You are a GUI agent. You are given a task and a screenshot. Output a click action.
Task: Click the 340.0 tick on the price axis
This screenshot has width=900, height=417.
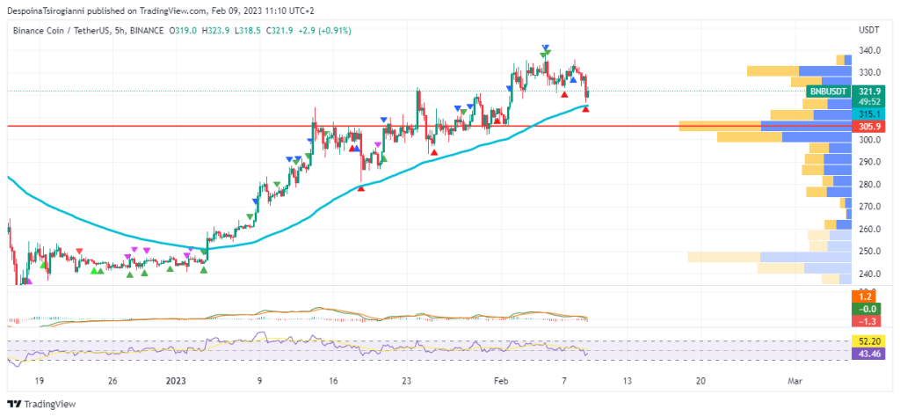(870, 50)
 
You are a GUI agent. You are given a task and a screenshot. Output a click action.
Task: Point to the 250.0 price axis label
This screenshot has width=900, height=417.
(870, 252)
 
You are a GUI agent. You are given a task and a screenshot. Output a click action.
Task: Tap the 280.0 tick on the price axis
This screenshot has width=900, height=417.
(870, 185)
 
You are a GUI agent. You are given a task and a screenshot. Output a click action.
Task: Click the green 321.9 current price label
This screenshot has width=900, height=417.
(870, 91)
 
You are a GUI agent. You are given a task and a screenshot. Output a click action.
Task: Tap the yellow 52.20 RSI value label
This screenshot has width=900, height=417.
(870, 340)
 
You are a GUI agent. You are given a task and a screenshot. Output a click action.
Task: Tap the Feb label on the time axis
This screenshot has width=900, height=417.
(500, 381)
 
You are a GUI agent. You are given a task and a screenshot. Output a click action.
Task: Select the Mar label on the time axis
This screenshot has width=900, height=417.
(795, 381)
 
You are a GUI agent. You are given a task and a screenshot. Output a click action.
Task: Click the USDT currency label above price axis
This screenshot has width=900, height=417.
(869, 31)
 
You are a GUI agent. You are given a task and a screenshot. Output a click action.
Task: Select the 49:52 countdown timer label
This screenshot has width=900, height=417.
(870, 101)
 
